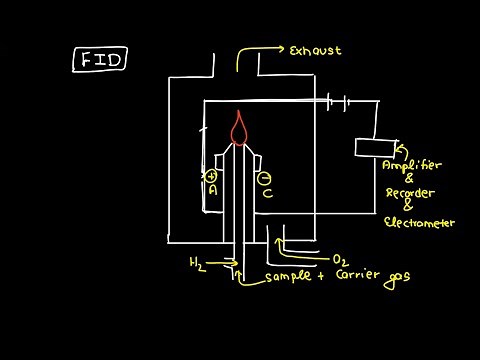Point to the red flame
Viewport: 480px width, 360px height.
click(x=239, y=127)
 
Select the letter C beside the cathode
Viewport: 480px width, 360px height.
click(x=267, y=194)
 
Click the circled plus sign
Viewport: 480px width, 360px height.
click(x=212, y=176)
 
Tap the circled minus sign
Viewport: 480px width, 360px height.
click(x=265, y=178)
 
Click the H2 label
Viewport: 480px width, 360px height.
click(x=198, y=263)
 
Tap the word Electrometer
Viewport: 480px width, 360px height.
click(x=419, y=223)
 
